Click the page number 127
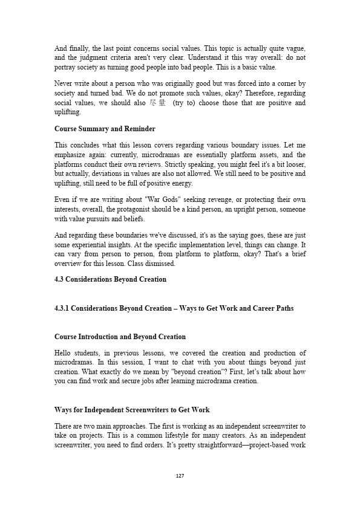[x=180, y=476]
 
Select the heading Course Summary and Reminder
[x=105, y=129]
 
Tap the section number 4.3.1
[x=64, y=308]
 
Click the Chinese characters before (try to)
[x=157, y=103]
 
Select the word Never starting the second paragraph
[x=64, y=84]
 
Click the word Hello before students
[x=64, y=354]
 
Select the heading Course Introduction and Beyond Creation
[x=120, y=337]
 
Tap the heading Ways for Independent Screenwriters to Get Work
[x=132, y=410]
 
